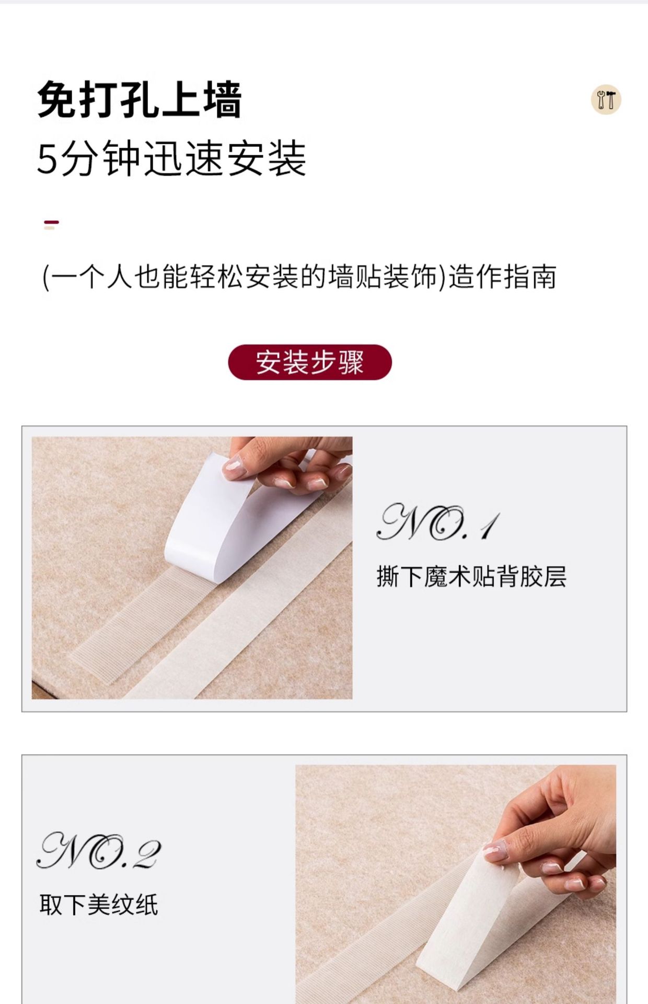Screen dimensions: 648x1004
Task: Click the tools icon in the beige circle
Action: click(x=606, y=99)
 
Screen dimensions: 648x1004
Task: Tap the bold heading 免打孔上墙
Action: click(x=140, y=99)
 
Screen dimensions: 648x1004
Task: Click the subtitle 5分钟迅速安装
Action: click(x=171, y=158)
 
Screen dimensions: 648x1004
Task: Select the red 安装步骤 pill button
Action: click(x=310, y=362)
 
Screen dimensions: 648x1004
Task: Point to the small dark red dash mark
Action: click(x=51, y=222)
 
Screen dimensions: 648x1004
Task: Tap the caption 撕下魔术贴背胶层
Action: click(x=471, y=577)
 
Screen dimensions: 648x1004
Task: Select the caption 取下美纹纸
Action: click(x=99, y=905)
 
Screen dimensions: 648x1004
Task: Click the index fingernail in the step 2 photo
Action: click(x=494, y=852)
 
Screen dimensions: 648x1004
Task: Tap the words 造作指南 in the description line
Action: click(x=503, y=277)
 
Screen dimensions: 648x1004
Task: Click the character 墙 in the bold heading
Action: click(x=223, y=99)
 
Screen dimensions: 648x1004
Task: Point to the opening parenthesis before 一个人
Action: click(x=45, y=277)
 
